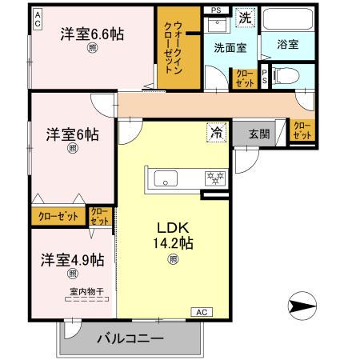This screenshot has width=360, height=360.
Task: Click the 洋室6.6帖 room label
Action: [92, 34]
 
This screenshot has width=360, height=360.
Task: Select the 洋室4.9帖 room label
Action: [73, 260]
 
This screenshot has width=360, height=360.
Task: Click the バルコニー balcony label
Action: [130, 338]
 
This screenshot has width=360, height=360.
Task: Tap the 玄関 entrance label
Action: [258, 134]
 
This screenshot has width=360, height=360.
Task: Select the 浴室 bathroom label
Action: [288, 45]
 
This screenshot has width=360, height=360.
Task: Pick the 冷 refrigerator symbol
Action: [216, 133]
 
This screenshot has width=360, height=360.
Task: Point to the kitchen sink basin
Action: [166, 178]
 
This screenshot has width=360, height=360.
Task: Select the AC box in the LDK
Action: [202, 311]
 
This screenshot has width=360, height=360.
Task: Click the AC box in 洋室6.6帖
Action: [37, 23]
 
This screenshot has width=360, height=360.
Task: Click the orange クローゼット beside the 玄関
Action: [302, 131]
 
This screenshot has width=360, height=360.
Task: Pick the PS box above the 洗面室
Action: [214, 10]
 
